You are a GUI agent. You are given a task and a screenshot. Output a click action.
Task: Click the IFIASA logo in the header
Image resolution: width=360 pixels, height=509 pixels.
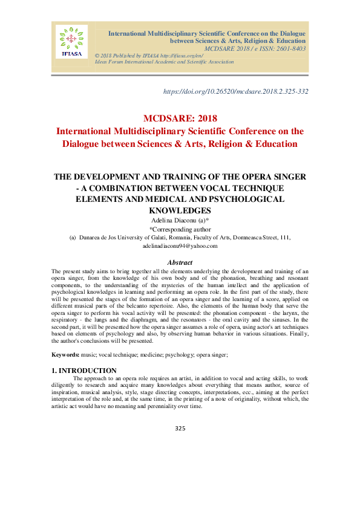(72, 42)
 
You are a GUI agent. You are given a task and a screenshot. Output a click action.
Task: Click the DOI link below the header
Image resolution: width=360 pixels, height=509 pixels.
(237, 91)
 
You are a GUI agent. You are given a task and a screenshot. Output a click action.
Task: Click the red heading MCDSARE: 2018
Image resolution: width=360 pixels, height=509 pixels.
(180, 118)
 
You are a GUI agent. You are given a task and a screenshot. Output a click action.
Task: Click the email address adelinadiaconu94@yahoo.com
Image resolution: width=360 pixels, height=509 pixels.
(180, 246)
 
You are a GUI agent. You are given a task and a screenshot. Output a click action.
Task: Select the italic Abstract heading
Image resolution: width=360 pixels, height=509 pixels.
(180, 262)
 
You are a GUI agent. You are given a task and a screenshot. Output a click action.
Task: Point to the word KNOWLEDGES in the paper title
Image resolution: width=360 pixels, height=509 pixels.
(180, 210)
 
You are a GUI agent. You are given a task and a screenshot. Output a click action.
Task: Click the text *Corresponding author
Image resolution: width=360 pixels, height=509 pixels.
(180, 230)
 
